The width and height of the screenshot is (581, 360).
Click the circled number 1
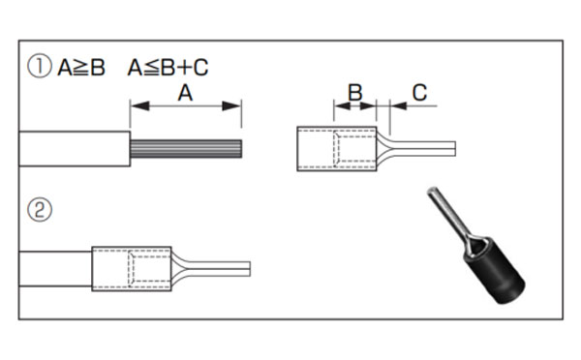click(x=40, y=67)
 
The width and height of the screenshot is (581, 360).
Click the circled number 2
click(x=40, y=210)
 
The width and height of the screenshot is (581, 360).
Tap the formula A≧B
click(x=81, y=68)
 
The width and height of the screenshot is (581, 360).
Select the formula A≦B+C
click(x=168, y=68)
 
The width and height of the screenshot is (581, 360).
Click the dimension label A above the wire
click(x=185, y=93)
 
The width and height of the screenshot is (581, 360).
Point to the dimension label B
click(x=355, y=92)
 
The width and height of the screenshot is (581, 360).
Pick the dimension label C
click(x=419, y=93)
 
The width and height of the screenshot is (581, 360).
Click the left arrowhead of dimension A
click(x=140, y=105)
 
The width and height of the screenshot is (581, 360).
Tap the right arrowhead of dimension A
click(x=231, y=105)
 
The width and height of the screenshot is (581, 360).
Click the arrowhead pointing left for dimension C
click(x=399, y=105)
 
